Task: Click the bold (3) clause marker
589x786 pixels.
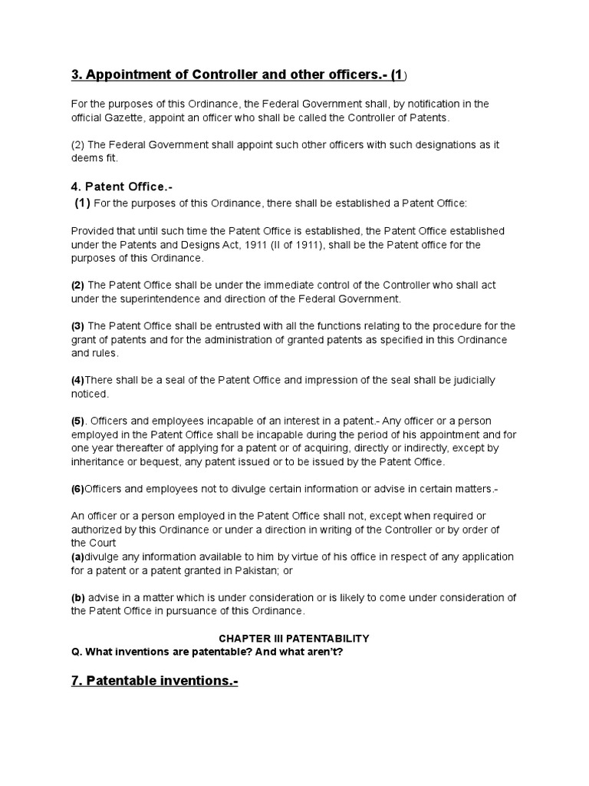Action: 77,326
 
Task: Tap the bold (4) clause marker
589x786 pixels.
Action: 77,380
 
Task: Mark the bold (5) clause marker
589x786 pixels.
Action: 77,421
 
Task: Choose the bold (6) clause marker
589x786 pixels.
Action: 77,489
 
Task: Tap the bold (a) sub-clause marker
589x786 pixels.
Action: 77,556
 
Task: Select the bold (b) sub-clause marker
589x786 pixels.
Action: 78,598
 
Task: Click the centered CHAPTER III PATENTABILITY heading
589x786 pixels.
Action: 294,638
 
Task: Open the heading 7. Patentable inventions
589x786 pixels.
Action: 154,681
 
